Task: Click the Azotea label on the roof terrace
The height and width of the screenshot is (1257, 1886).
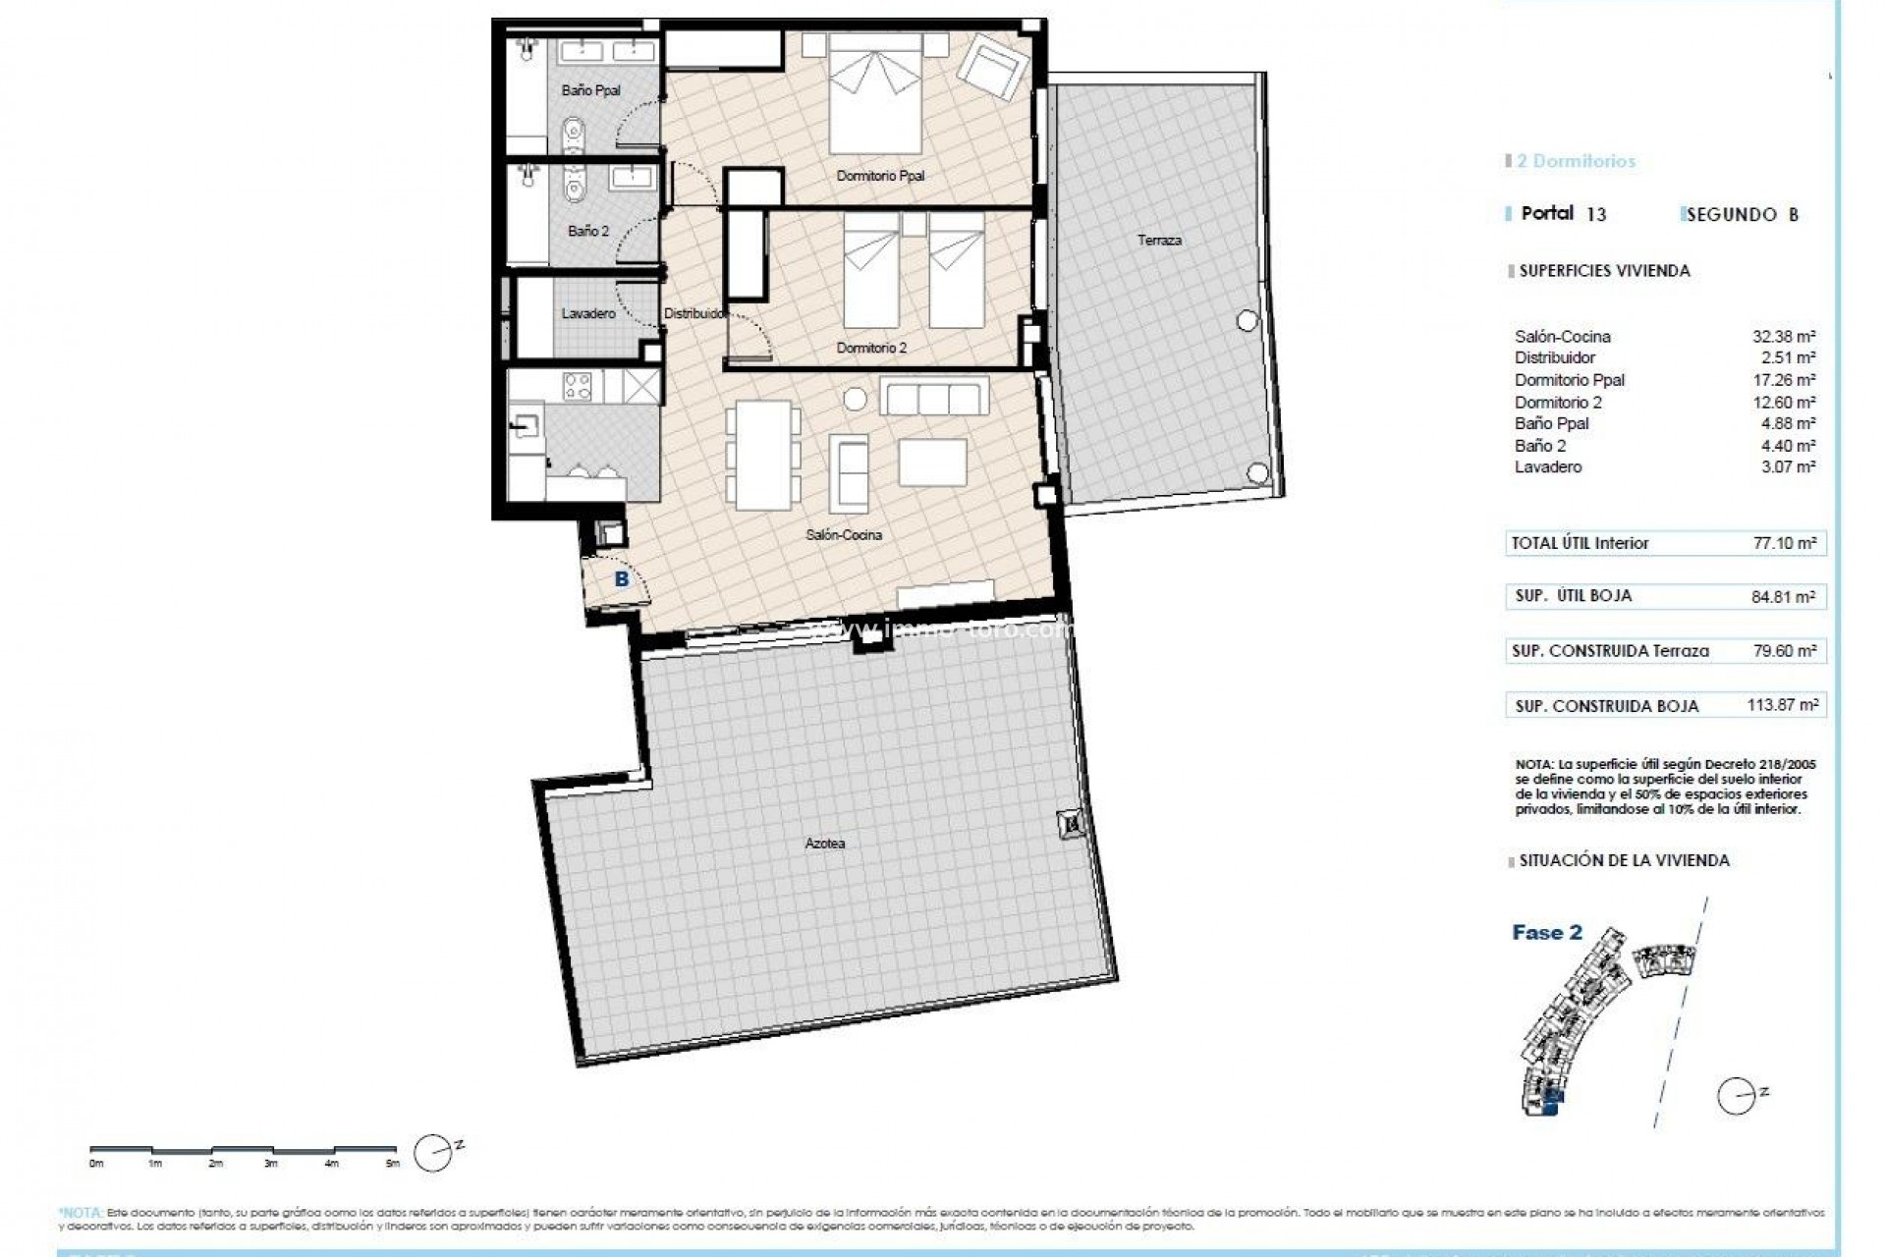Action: pyautogui.click(x=824, y=844)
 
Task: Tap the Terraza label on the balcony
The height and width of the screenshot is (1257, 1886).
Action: pyautogui.click(x=1159, y=241)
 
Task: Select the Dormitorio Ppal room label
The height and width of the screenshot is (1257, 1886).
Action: pyautogui.click(x=880, y=177)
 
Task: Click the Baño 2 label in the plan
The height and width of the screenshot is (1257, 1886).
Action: pyautogui.click(x=588, y=232)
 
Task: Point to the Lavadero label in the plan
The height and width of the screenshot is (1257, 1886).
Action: pyautogui.click(x=588, y=314)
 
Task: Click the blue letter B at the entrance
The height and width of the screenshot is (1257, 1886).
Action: pyautogui.click(x=621, y=580)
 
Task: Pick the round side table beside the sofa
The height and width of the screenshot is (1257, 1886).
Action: pyautogui.click(x=856, y=399)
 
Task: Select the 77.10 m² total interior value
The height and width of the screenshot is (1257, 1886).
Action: pyautogui.click(x=1785, y=543)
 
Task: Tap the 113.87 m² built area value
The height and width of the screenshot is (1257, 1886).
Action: pyautogui.click(x=1782, y=705)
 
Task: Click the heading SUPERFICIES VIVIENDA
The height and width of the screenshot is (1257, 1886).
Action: pyautogui.click(x=1604, y=271)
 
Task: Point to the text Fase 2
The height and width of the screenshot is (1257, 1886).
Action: pyautogui.click(x=1547, y=933)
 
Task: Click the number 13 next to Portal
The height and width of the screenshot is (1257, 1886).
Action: pyautogui.click(x=1596, y=214)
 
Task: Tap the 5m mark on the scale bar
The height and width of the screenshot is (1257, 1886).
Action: pyautogui.click(x=392, y=1164)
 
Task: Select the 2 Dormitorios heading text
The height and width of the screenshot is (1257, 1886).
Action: pyautogui.click(x=1576, y=161)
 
